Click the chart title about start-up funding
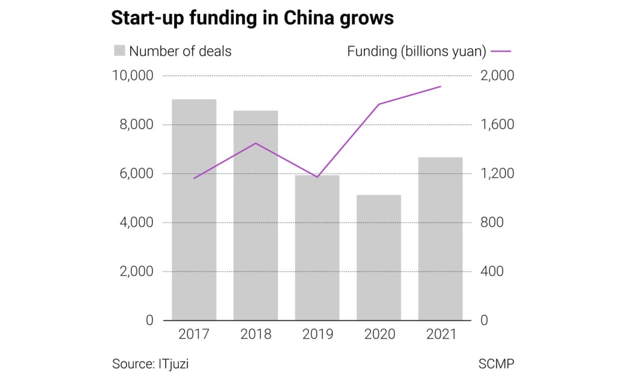pos(252,18)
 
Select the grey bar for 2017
pos(194,210)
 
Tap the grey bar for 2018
pos(256,216)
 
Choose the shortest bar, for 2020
pos(378,258)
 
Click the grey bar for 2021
pos(440,239)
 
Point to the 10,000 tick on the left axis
pos(133,75)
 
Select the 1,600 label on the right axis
pos(497,125)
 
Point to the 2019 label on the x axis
pos(317,334)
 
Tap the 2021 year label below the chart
pos(439,334)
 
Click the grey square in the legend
pos(119,51)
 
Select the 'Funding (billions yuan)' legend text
pos(417,51)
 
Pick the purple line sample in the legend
pos(501,52)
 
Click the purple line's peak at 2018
pos(256,143)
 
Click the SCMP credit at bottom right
pos(496,364)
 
